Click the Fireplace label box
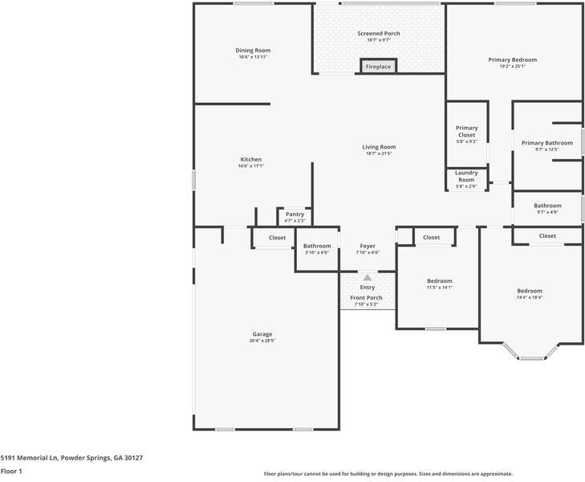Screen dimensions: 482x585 pyautogui.click(x=378, y=67)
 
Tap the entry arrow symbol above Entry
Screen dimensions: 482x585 pyautogui.click(x=368, y=277)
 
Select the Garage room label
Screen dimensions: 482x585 pyautogui.click(x=262, y=334)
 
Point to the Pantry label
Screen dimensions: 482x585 pyautogui.click(x=295, y=214)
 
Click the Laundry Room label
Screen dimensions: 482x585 pyautogui.click(x=466, y=176)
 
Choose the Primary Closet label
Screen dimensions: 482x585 pyautogui.click(x=466, y=131)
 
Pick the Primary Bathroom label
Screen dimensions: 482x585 pyautogui.click(x=547, y=143)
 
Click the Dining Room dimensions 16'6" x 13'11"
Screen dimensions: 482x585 pyautogui.click(x=253, y=57)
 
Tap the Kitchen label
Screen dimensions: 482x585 pyautogui.click(x=251, y=159)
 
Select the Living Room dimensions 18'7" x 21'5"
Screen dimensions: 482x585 pyautogui.click(x=379, y=153)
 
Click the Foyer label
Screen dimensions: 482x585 pyautogui.click(x=368, y=246)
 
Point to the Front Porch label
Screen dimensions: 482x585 pyautogui.click(x=367, y=297)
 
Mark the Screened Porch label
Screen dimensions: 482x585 pyautogui.click(x=379, y=33)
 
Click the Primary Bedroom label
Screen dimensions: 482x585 pyautogui.click(x=513, y=59)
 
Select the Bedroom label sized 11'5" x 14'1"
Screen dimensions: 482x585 pyautogui.click(x=440, y=281)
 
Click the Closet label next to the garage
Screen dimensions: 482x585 pyautogui.click(x=277, y=238)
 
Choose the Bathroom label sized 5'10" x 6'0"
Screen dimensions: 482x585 pyautogui.click(x=317, y=246)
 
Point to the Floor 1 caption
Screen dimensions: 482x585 pyautogui.click(x=10, y=472)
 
